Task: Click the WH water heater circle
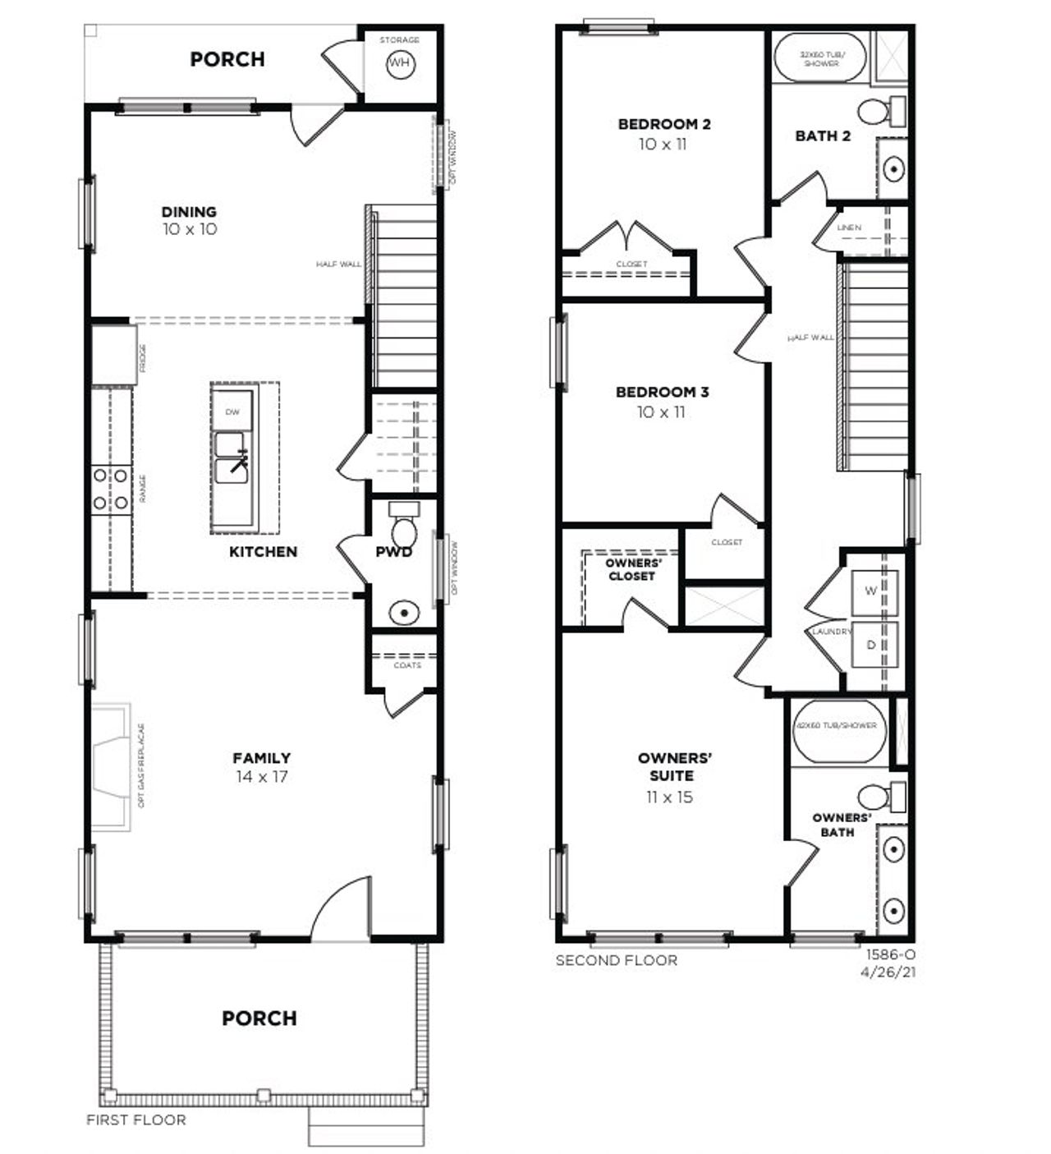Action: click(399, 63)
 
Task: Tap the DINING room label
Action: click(189, 212)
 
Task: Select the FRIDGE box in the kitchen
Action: click(113, 355)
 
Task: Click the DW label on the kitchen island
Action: click(233, 412)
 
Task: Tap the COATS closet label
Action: click(407, 665)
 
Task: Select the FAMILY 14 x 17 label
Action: click(261, 766)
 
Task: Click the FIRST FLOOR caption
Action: click(136, 1120)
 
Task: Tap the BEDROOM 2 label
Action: click(664, 125)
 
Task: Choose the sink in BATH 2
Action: click(893, 169)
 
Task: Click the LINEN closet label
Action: click(849, 228)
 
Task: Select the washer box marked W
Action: click(870, 591)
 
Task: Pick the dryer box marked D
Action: click(870, 646)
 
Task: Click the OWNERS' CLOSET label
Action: click(631, 570)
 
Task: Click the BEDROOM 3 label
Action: click(662, 393)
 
